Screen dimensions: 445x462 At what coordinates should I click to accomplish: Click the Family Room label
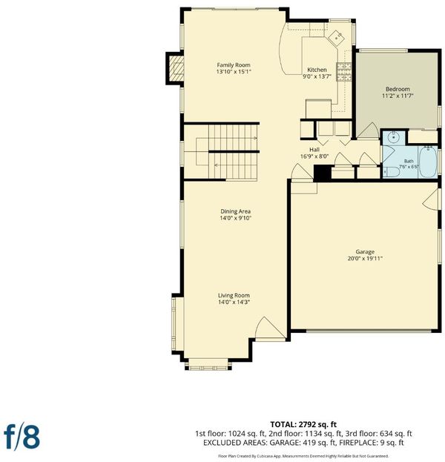(x=234, y=65)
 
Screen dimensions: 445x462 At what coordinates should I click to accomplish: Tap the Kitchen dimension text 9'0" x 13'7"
(x=317, y=76)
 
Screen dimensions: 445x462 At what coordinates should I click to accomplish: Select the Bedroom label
(x=398, y=89)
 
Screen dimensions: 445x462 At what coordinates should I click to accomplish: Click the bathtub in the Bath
(x=428, y=162)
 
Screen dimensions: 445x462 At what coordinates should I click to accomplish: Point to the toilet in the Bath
(x=391, y=171)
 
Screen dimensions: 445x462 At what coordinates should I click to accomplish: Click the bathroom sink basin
(x=393, y=137)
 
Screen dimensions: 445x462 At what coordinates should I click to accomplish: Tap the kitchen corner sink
(x=336, y=39)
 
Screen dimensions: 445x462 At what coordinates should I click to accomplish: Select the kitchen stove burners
(x=344, y=72)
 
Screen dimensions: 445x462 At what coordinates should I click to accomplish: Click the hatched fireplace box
(x=177, y=68)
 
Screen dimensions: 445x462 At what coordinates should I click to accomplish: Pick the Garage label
(x=365, y=251)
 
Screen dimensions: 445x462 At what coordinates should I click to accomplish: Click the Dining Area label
(x=235, y=211)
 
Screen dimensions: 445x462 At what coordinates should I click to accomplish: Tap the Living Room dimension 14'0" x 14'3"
(x=234, y=302)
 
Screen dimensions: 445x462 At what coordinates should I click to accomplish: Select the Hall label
(x=314, y=150)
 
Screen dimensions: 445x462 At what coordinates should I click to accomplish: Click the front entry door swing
(x=270, y=329)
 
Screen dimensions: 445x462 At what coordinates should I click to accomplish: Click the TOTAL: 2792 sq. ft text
(x=303, y=424)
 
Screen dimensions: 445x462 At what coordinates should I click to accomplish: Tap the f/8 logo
(x=22, y=438)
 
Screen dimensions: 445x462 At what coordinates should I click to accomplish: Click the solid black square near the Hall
(x=323, y=173)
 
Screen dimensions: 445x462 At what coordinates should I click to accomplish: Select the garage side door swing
(x=431, y=199)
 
